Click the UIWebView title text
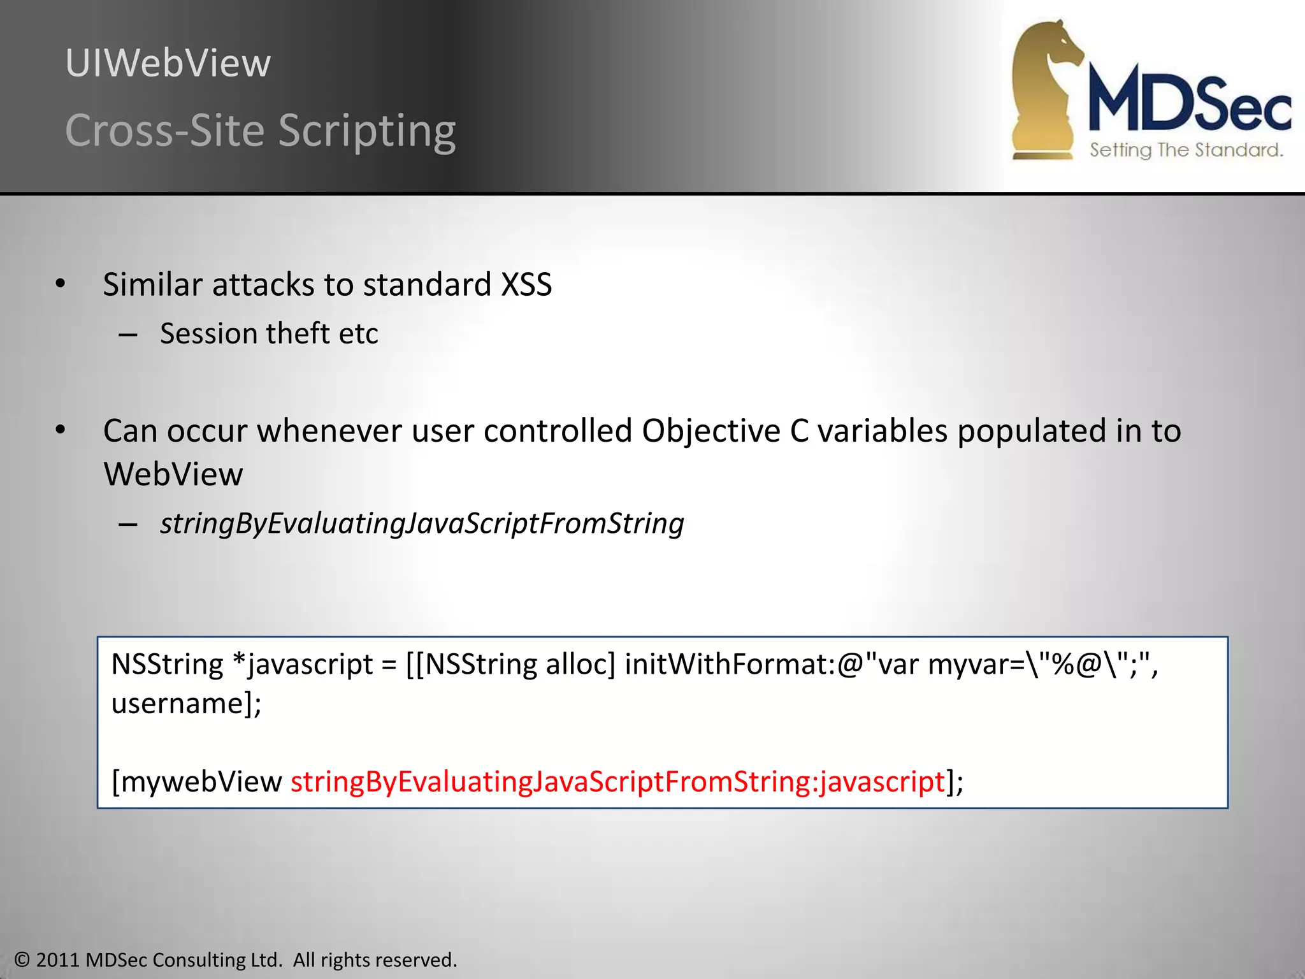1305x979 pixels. (168, 64)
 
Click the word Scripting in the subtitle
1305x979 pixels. (367, 131)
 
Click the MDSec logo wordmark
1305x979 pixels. (1189, 102)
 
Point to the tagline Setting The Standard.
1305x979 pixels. (1186, 150)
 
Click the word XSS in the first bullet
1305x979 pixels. (526, 285)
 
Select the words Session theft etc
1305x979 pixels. (269, 334)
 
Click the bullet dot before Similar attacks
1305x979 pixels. (61, 284)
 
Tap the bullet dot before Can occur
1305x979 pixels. (61, 430)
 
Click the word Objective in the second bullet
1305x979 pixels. (710, 431)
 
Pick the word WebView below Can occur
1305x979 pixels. (173, 475)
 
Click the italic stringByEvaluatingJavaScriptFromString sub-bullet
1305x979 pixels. (422, 524)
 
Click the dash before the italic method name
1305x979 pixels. (128, 525)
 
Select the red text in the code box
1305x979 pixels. (617, 782)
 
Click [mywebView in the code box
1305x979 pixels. (196, 782)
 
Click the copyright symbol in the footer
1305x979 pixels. (22, 960)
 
